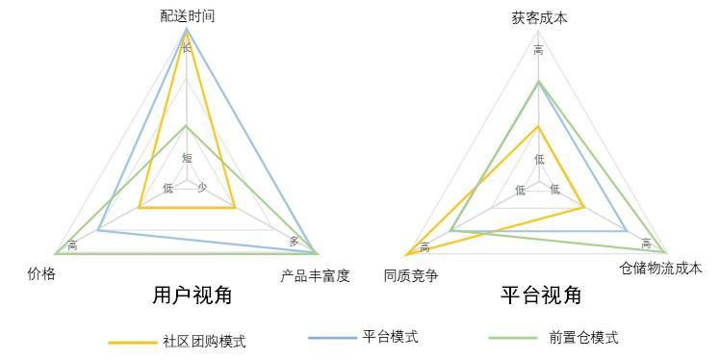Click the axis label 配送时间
pyautogui.click(x=188, y=16)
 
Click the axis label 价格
pyautogui.click(x=42, y=274)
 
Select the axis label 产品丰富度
pyautogui.click(x=315, y=276)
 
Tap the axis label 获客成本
pyautogui.click(x=539, y=17)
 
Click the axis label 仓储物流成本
pyautogui.click(x=661, y=268)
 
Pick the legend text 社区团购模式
pyautogui.click(x=204, y=341)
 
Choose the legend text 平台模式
pyautogui.click(x=390, y=337)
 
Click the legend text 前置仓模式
pyautogui.click(x=583, y=338)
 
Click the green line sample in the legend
pyautogui.click(x=511, y=338)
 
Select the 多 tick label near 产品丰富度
pyautogui.click(x=295, y=241)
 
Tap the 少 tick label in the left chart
pyautogui.click(x=202, y=188)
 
